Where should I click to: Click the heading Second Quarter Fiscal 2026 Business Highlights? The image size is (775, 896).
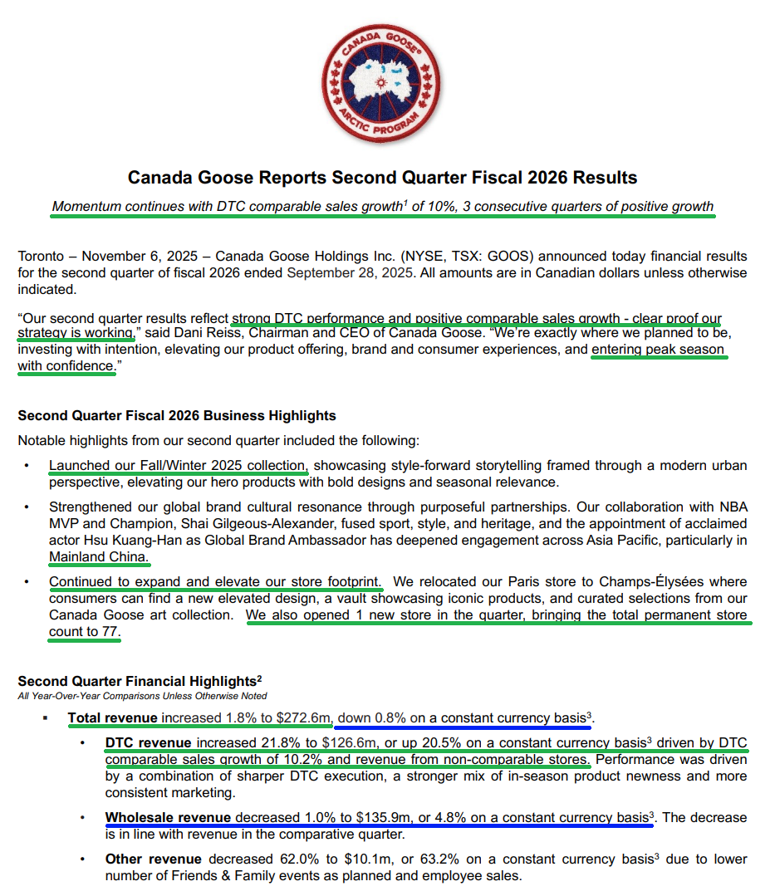coord(177,415)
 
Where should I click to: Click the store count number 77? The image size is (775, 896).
coord(110,632)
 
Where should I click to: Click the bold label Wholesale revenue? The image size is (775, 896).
coord(169,818)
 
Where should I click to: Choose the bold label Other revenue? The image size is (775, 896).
coord(153,859)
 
